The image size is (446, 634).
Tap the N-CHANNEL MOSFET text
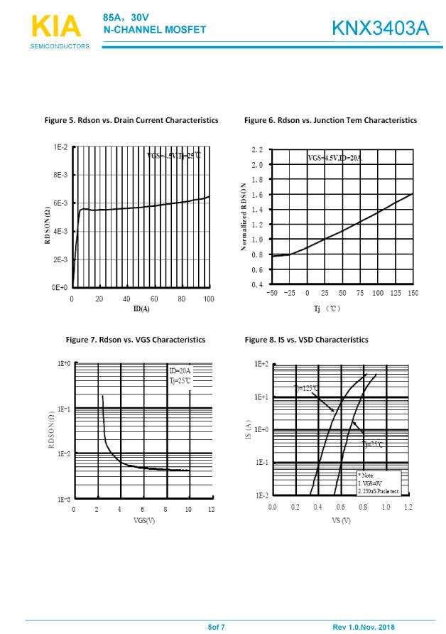click(155, 30)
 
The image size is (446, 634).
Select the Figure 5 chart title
click(131, 120)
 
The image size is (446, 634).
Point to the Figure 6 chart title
click(330, 120)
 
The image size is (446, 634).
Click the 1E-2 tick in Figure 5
click(60, 147)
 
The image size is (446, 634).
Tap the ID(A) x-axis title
click(141, 308)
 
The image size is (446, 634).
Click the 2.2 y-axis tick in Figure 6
click(257, 150)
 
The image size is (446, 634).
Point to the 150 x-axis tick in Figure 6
click(413, 293)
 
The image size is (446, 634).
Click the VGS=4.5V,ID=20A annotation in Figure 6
click(334, 158)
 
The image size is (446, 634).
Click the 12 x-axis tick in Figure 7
click(211, 510)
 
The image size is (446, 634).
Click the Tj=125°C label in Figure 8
click(307, 387)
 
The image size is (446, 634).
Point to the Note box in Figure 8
click(379, 483)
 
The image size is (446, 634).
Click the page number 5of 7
click(216, 627)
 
